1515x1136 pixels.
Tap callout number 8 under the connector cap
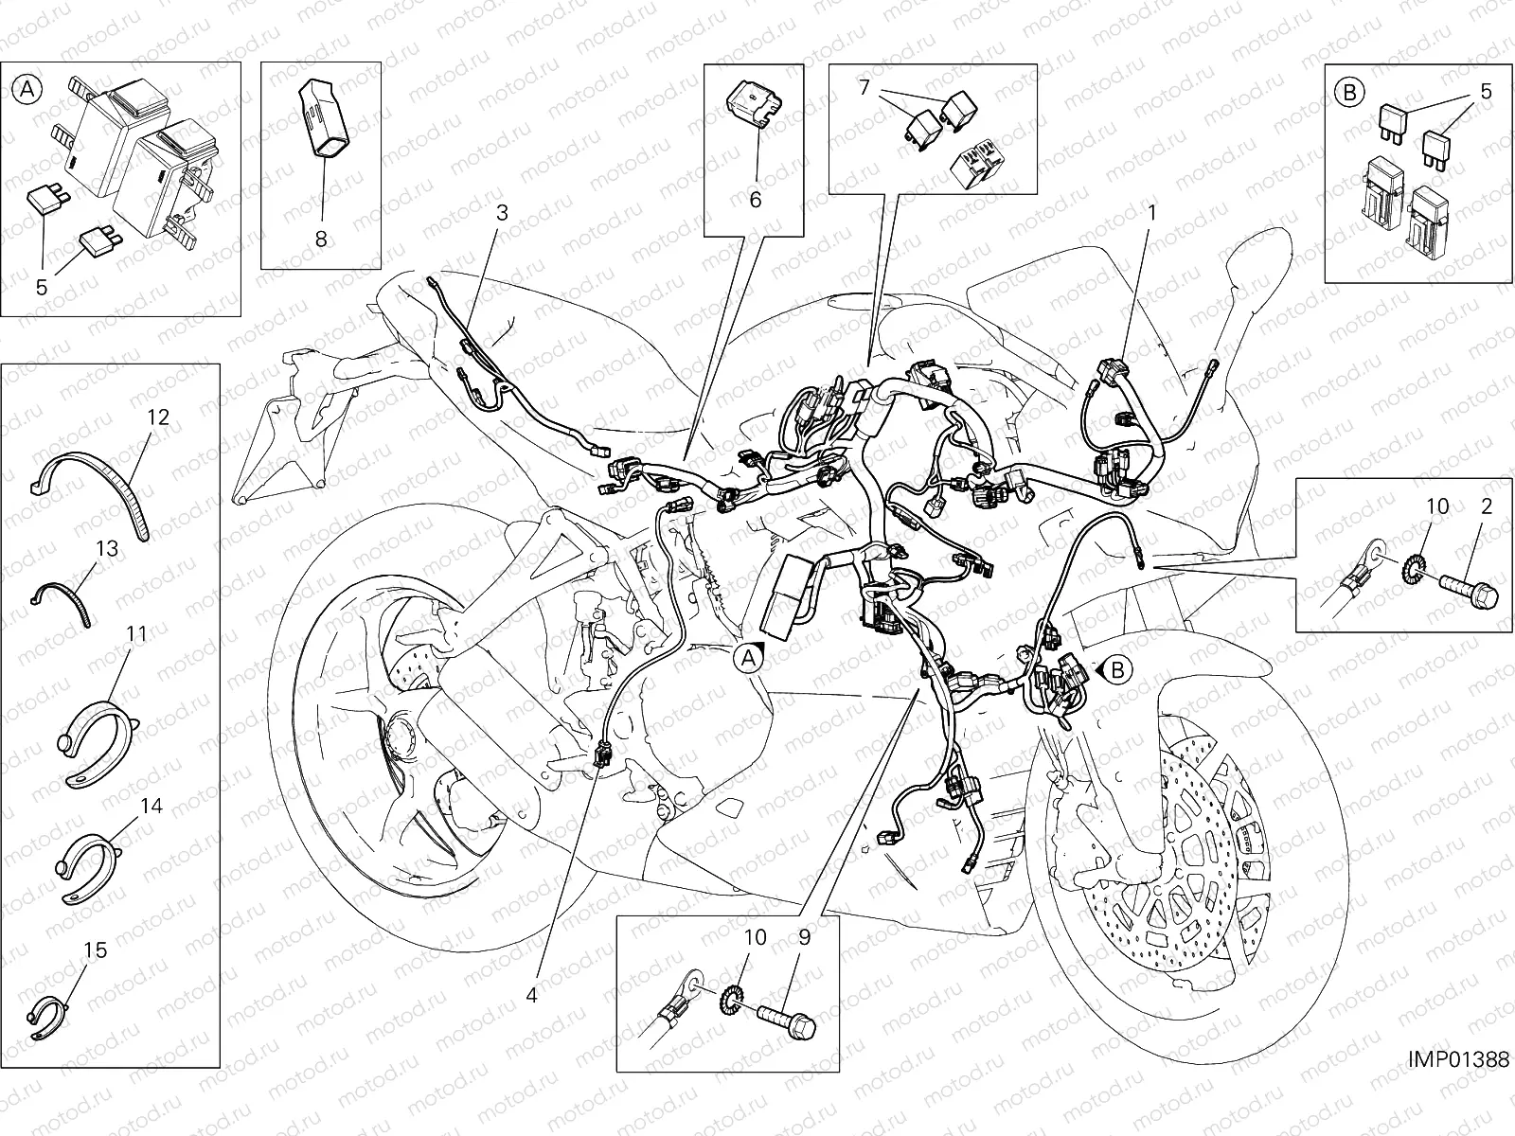click(x=321, y=239)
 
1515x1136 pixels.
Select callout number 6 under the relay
click(x=755, y=200)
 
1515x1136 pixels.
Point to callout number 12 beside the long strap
click(x=158, y=417)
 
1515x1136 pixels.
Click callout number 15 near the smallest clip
click(x=96, y=950)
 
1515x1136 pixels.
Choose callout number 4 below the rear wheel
click(x=531, y=995)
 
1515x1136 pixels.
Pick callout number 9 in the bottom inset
click(x=804, y=937)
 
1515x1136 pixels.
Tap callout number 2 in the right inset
click(x=1487, y=506)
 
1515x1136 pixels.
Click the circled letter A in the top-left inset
click(x=27, y=88)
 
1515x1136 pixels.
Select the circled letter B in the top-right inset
click(x=1350, y=92)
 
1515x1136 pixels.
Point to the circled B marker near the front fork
click(x=1118, y=669)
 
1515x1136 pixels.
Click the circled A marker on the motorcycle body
click(x=749, y=660)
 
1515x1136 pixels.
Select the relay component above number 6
click(x=755, y=104)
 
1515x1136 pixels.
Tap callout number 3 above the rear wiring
click(x=502, y=213)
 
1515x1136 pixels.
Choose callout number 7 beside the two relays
click(x=864, y=88)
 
